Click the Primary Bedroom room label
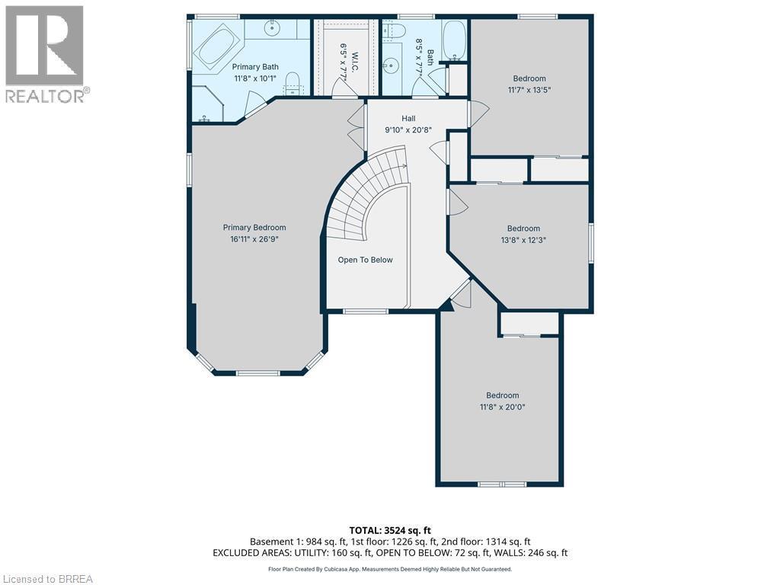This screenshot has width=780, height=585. (x=254, y=227)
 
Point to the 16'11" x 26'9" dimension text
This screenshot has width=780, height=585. (x=254, y=238)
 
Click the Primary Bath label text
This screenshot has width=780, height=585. (x=255, y=67)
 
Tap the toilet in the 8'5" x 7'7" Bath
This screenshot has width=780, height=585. (x=393, y=30)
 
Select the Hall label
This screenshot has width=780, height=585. (x=409, y=118)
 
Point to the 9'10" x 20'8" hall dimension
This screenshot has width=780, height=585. (x=409, y=129)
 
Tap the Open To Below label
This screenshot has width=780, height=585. (x=366, y=260)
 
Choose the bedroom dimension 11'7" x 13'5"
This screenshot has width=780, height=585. (x=529, y=89)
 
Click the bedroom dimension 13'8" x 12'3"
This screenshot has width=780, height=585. (x=523, y=239)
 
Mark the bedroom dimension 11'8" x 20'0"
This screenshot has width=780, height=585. (x=503, y=406)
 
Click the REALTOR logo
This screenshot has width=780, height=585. (x=46, y=54)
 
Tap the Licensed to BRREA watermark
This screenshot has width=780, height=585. (x=47, y=578)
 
